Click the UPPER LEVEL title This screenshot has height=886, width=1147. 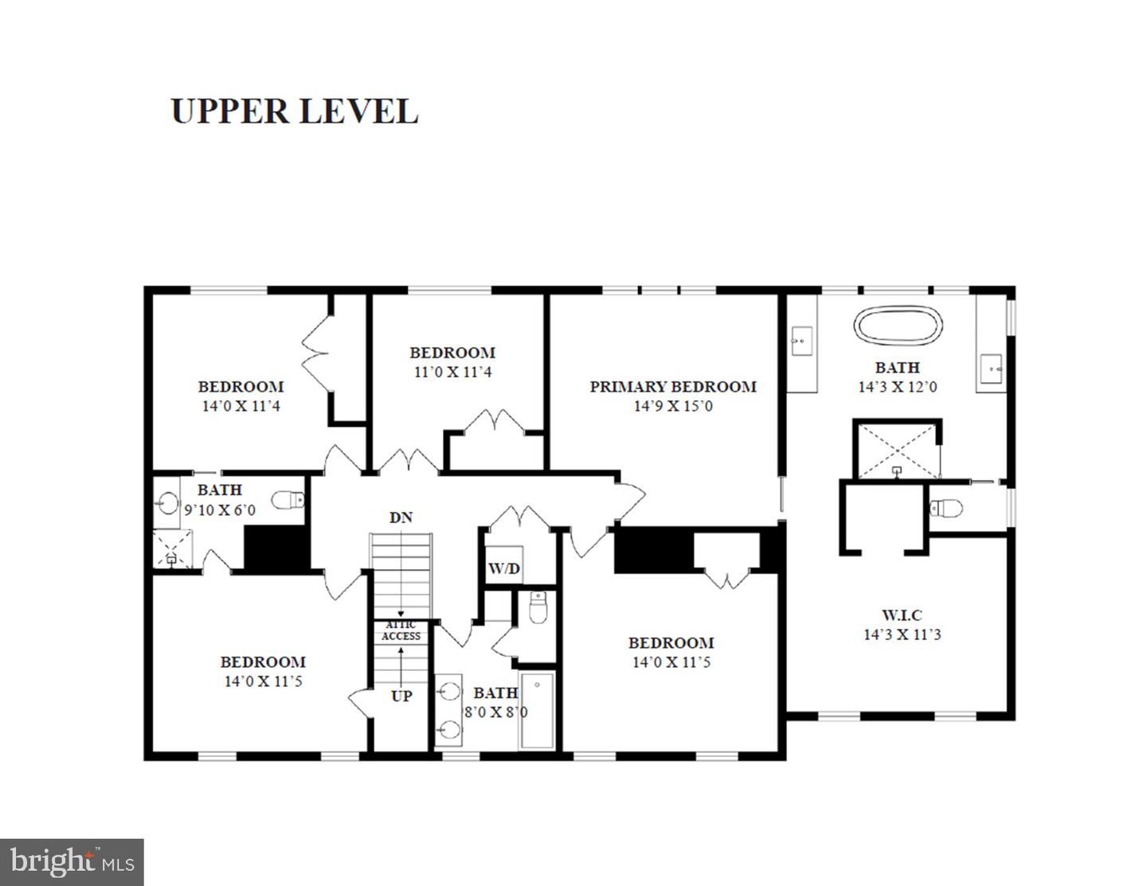coord(294,111)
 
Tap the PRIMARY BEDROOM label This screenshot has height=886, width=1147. coord(672,387)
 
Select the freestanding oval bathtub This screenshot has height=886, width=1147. coord(898,326)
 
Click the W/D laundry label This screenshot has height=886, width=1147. coord(503,568)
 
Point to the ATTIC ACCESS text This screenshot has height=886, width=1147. coord(401,631)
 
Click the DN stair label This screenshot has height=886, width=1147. coord(401,517)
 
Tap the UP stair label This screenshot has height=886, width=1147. coord(401,696)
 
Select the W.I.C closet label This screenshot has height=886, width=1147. coord(902,615)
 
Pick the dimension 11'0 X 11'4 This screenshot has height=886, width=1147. coord(452,372)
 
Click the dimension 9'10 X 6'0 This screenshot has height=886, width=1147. coord(220,509)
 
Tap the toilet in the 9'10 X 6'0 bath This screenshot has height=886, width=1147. coord(288,501)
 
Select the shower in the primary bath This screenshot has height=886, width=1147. coord(897,450)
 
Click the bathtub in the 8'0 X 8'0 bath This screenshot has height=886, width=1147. coord(538,711)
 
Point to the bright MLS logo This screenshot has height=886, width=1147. coord(72,862)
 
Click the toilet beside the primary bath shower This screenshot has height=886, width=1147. coord(947,507)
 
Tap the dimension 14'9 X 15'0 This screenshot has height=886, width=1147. coord(673,406)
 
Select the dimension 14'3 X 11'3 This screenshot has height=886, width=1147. coord(902,634)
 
